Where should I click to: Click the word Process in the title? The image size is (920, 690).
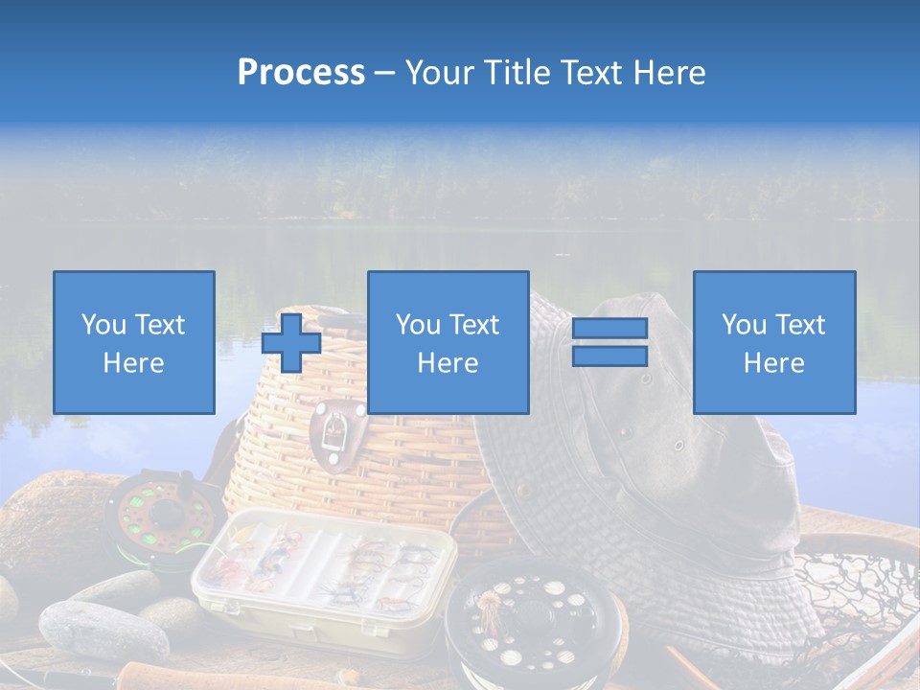[x=301, y=73]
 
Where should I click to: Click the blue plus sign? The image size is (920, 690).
[x=291, y=343]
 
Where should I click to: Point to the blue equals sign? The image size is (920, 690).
[x=609, y=342]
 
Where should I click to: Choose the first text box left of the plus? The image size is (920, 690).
[x=133, y=342]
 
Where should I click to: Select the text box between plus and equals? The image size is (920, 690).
[x=448, y=342]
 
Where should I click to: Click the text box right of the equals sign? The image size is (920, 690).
[x=773, y=342]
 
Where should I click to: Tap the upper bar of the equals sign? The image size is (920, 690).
[x=609, y=329]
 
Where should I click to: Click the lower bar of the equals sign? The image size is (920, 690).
[x=609, y=356]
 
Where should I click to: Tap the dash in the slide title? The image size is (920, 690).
[x=384, y=73]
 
